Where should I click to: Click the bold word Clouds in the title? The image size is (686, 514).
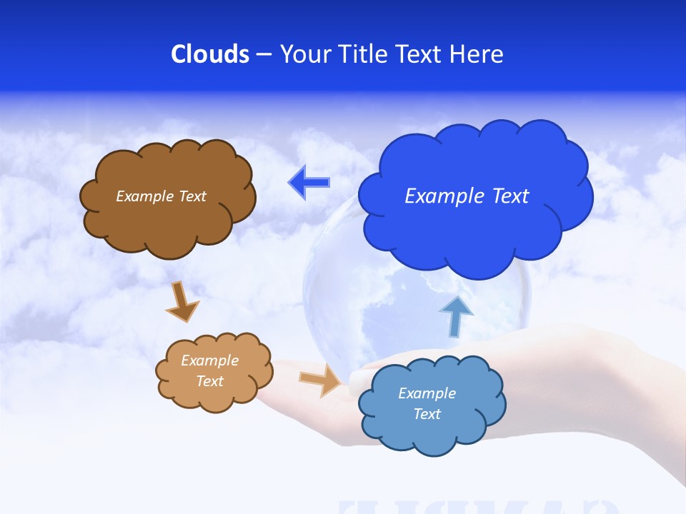point(210,54)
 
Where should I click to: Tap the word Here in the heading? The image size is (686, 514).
point(477,54)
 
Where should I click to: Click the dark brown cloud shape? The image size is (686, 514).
point(168,214)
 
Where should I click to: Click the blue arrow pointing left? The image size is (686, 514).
point(309,182)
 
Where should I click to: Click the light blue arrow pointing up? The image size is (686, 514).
point(455,316)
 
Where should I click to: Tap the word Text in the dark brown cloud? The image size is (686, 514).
point(192,196)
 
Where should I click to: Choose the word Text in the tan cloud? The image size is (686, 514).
point(210,381)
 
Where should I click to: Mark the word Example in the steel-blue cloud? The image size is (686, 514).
point(427,393)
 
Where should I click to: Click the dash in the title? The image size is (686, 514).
point(263,55)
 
